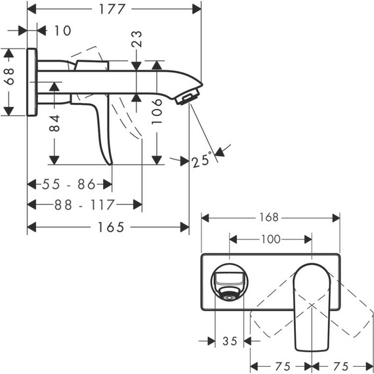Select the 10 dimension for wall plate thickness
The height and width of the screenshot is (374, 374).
point(63,31)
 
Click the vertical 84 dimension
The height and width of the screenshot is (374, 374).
point(55,123)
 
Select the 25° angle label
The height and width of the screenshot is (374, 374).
point(202,159)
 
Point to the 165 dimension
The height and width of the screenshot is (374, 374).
point(110,227)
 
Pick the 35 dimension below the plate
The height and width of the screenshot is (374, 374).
point(230,341)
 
